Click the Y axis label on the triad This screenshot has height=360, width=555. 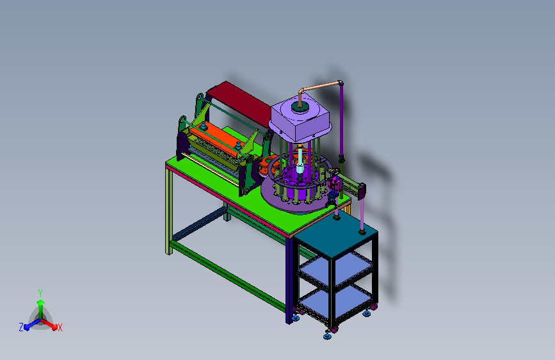(x=40, y=293)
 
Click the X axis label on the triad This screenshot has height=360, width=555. (x=60, y=327)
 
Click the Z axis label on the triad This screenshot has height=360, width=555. (x=21, y=327)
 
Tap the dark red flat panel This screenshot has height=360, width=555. (x=241, y=102)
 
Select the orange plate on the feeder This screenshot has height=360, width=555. (x=215, y=138)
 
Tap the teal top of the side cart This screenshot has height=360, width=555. (x=335, y=233)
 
